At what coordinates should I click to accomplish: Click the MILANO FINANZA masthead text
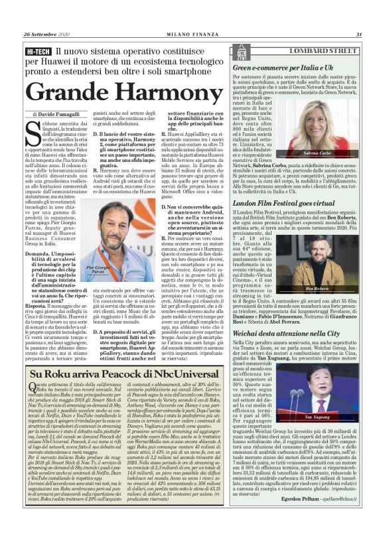tap(193, 36)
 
